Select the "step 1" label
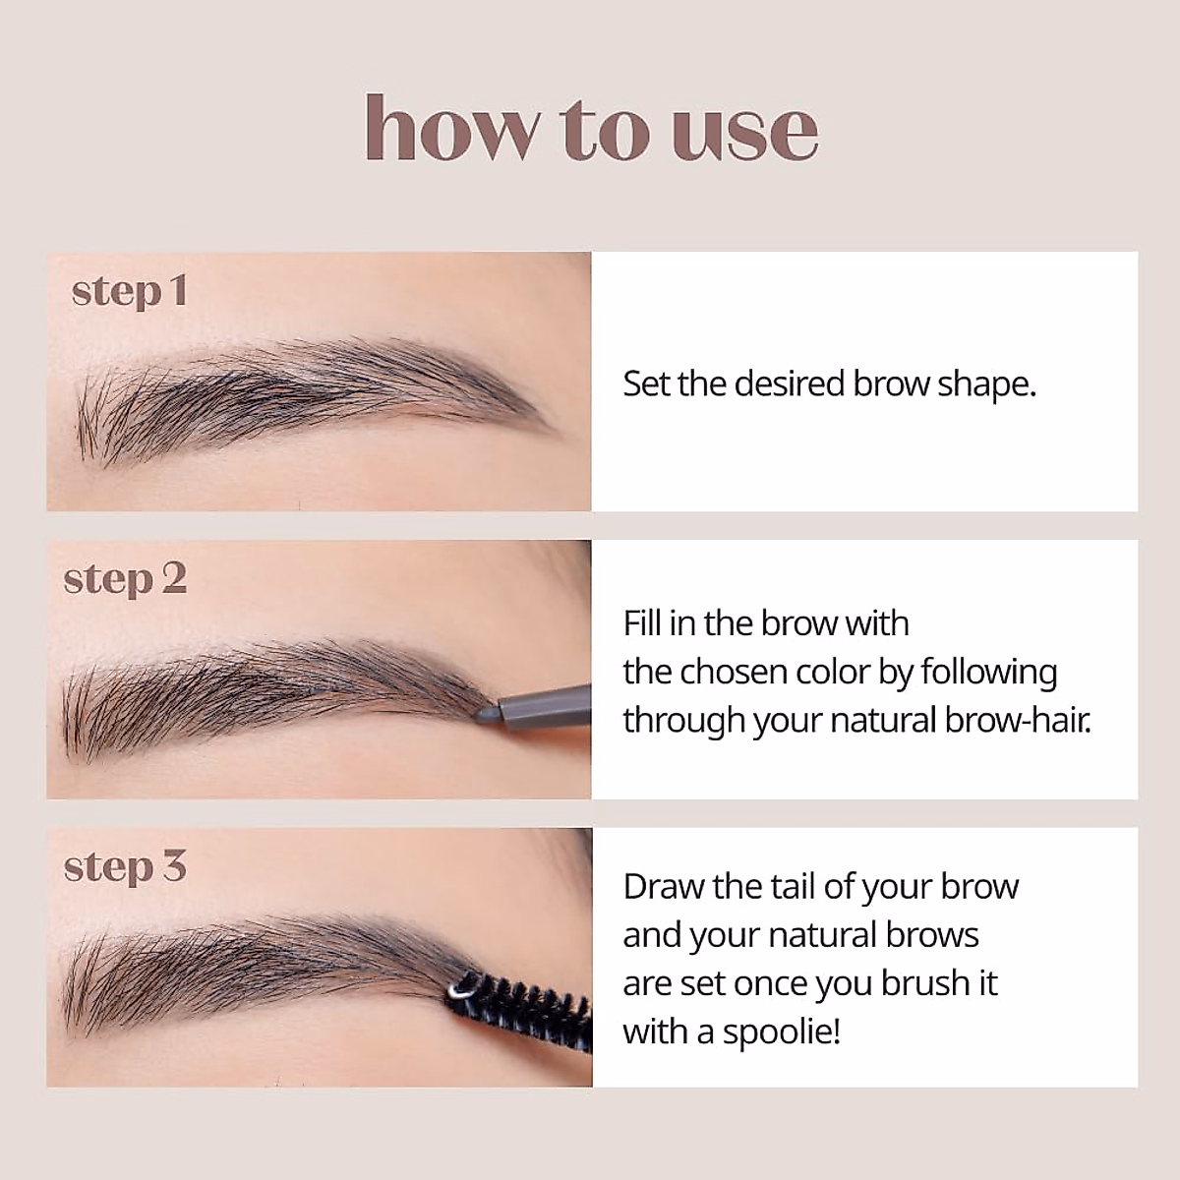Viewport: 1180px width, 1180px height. click(129, 291)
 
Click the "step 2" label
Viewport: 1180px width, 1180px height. click(125, 579)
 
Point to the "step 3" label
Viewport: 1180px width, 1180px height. click(125, 867)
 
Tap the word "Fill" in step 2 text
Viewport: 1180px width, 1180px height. click(642, 623)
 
